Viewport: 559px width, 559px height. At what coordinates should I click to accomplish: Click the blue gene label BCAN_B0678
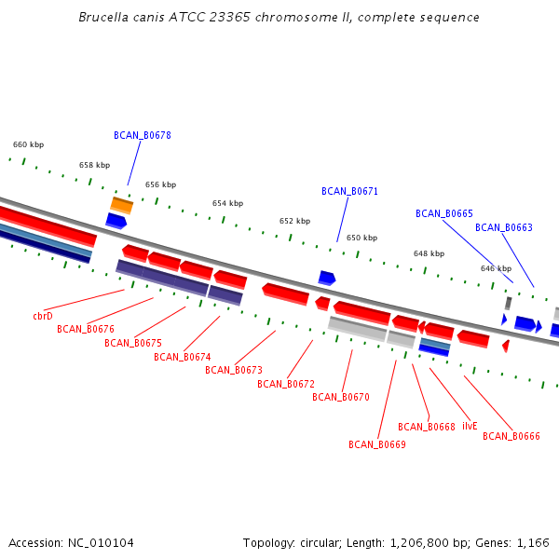pyautogui.click(x=143, y=135)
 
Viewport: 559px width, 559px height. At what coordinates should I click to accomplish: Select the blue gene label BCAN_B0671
pyautogui.click(x=349, y=191)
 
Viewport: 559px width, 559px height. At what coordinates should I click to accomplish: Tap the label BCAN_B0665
pyautogui.click(x=444, y=213)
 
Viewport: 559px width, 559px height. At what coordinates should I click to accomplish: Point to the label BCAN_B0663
pyautogui.click(x=504, y=227)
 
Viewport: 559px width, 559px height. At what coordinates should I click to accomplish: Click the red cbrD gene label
pyautogui.click(x=43, y=316)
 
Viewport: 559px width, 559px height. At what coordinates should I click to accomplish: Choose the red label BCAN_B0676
pyautogui.click(x=86, y=329)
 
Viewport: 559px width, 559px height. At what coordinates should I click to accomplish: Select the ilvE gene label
pyautogui.click(x=470, y=426)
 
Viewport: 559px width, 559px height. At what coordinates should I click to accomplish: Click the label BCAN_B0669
pyautogui.click(x=377, y=444)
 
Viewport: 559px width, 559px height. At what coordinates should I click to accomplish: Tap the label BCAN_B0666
pyautogui.click(x=511, y=436)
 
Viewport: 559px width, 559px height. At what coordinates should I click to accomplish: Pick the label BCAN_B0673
pyautogui.click(x=234, y=370)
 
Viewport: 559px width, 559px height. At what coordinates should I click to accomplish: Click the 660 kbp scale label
pyautogui.click(x=29, y=144)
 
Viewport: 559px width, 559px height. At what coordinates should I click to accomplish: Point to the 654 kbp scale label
pyautogui.click(x=228, y=203)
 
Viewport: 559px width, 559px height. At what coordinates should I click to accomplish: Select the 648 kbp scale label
pyautogui.click(x=429, y=253)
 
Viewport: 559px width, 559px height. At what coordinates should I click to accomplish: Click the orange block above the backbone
pyautogui.click(x=121, y=206)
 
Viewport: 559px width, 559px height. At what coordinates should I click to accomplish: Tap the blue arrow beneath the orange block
pyautogui.click(x=116, y=221)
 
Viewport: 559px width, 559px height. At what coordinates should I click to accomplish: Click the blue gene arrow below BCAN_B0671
pyautogui.click(x=327, y=278)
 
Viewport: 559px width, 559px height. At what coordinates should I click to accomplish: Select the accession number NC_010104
pyautogui.click(x=101, y=543)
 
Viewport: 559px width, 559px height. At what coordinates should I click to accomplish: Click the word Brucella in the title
pyautogui.click(x=103, y=17)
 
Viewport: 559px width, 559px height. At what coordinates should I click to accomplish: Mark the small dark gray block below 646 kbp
pyautogui.click(x=509, y=304)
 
